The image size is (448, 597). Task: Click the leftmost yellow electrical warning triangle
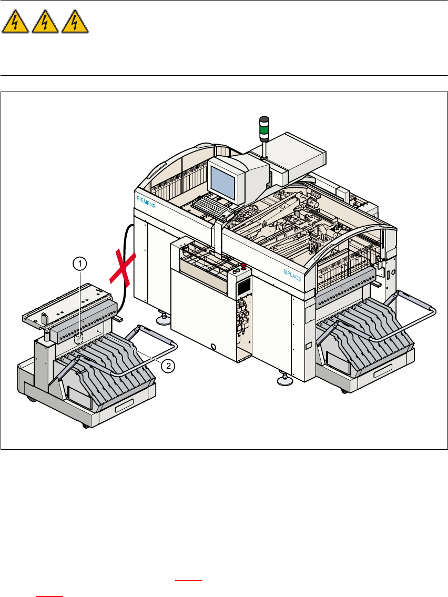pos(16,24)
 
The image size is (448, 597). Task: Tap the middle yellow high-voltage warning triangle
pos(46,24)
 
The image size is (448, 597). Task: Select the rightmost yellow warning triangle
pos(75,24)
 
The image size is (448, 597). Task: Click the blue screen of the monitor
pos(223,181)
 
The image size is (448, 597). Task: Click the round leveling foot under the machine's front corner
pos(286,380)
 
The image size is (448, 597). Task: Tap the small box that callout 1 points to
pos(78,339)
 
